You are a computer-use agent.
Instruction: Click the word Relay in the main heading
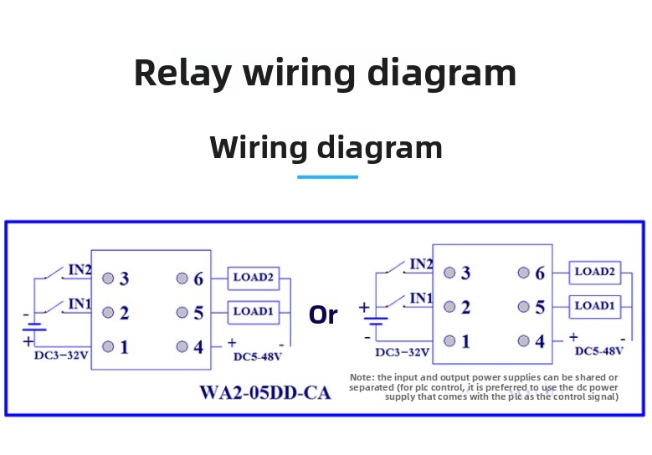182,73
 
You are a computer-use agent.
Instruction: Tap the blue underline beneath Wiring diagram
327,177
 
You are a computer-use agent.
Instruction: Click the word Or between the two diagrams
323,315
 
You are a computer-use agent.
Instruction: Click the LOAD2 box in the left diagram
254,278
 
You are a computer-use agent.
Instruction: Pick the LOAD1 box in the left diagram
254,312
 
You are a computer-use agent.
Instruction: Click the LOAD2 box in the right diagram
595,272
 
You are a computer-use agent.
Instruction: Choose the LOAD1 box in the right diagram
595,306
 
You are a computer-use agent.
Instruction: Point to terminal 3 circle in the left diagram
108,279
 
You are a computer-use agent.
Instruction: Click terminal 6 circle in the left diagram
181,279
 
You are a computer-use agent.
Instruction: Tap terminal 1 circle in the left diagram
108,346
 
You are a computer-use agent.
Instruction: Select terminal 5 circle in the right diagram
523,307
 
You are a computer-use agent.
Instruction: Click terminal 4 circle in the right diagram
523,340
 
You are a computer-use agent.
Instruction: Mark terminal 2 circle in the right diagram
449,307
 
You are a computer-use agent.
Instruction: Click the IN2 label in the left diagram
80,270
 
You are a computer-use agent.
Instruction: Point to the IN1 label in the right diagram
421,299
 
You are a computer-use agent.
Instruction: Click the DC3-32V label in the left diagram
61,355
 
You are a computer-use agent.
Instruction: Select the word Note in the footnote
362,378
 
